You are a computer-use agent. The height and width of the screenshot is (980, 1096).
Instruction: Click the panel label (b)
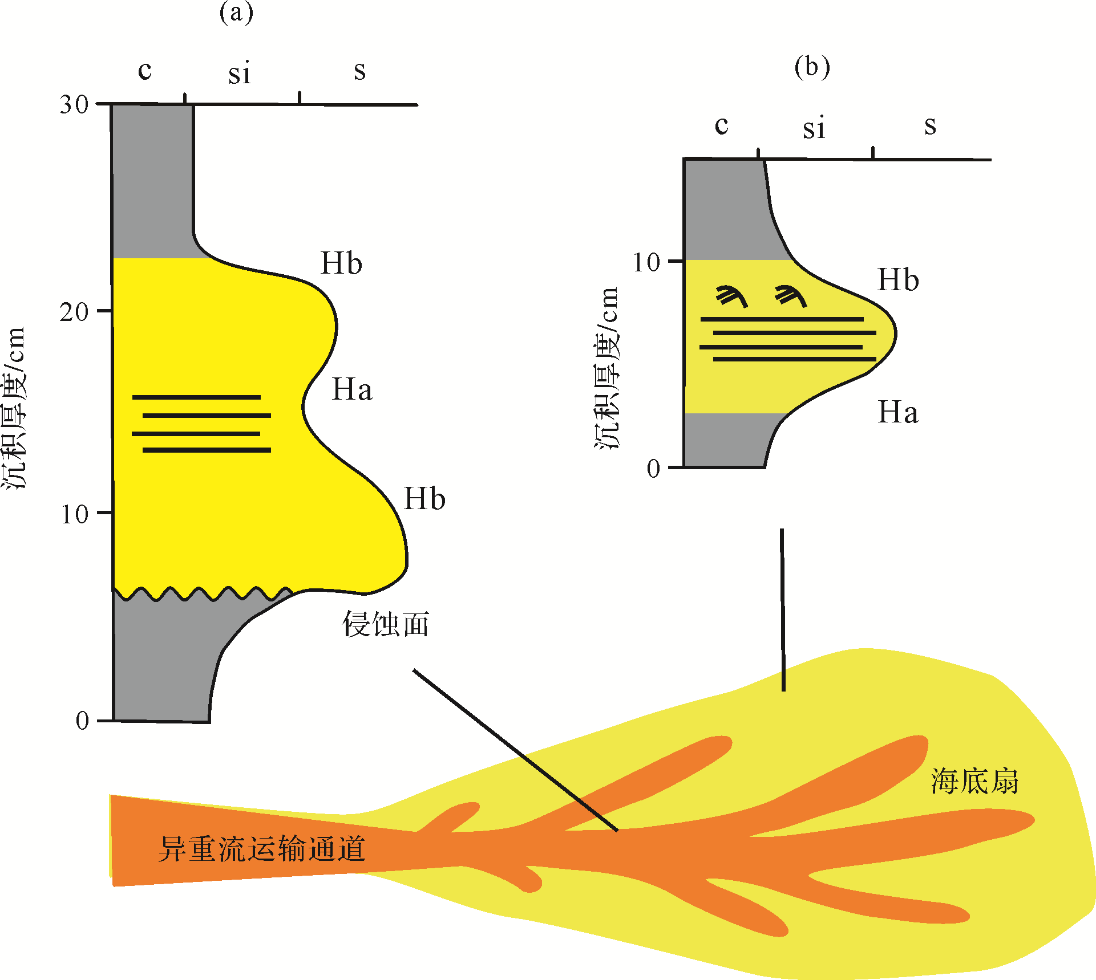pyautogui.click(x=812, y=67)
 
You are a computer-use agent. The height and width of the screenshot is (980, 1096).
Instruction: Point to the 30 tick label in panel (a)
pyautogui.click(x=74, y=104)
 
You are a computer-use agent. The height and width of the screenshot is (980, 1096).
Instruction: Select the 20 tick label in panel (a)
pyautogui.click(x=74, y=312)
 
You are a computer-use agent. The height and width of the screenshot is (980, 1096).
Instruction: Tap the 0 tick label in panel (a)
pyautogui.click(x=83, y=721)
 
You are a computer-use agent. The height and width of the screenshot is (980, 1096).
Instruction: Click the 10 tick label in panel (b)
pyautogui.click(x=646, y=262)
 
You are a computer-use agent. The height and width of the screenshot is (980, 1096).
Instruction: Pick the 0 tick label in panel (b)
pyautogui.click(x=654, y=469)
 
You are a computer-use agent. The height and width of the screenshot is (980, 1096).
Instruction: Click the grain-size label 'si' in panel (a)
pyautogui.click(x=240, y=74)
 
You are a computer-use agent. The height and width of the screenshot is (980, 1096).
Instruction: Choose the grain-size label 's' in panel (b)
pyautogui.click(x=930, y=125)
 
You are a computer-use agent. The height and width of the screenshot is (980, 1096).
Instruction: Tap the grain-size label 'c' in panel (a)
pyautogui.click(x=145, y=70)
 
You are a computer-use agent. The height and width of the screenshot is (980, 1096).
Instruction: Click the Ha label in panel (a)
pyautogui.click(x=352, y=390)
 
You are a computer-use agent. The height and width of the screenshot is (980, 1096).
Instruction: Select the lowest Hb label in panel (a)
pyautogui.click(x=424, y=499)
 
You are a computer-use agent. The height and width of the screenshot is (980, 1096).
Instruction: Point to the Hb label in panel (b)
pyautogui.click(x=898, y=279)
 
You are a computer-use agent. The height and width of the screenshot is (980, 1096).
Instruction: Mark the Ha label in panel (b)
pyautogui.click(x=898, y=412)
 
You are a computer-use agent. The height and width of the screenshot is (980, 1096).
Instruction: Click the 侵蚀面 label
pyautogui.click(x=386, y=624)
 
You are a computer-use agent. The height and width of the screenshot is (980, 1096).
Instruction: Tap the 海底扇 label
pyautogui.click(x=974, y=781)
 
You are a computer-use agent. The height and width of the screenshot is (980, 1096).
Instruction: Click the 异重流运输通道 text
pyautogui.click(x=261, y=849)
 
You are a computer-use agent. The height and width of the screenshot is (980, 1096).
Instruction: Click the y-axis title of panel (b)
pyautogui.click(x=606, y=368)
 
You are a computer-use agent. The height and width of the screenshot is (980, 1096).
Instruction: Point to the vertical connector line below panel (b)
pyautogui.click(x=782, y=610)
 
